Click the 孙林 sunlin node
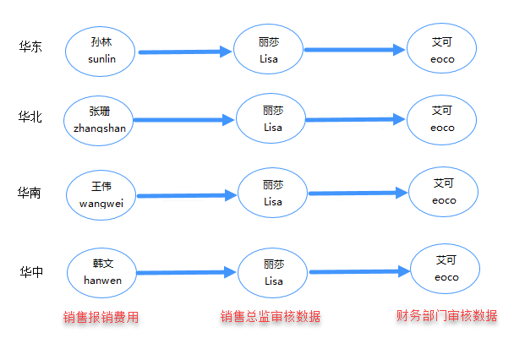point(101,50)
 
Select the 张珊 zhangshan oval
point(99,119)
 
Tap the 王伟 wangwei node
point(101,194)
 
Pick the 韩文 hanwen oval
point(101,271)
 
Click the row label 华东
point(31,47)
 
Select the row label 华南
point(31,194)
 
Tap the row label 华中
point(33,271)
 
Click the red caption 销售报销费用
point(101,318)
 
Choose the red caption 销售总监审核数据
point(271,317)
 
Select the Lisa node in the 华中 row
point(272,271)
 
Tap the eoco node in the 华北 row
point(442,119)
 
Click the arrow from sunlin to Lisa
point(184,52)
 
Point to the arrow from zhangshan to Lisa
point(183,120)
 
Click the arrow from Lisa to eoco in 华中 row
point(359,271)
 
